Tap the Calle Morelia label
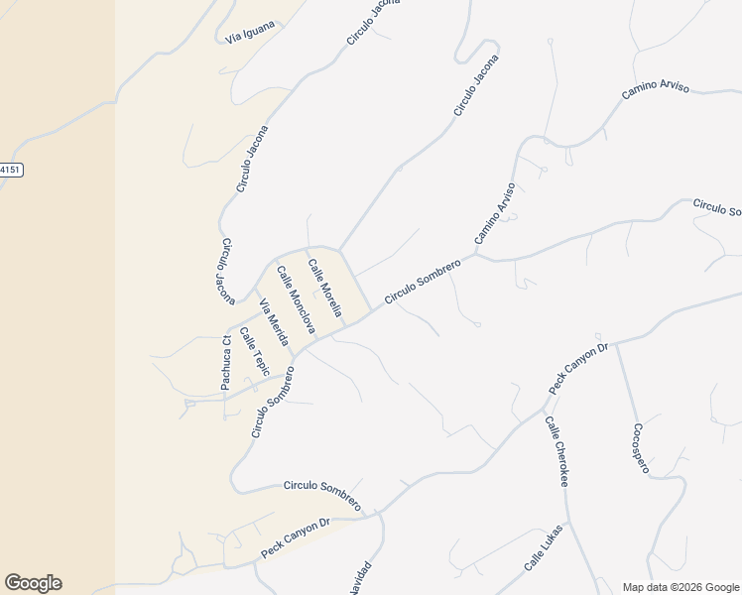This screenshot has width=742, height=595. (x=324, y=288)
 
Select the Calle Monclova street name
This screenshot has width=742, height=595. (x=296, y=299)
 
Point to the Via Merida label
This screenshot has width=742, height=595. (x=273, y=322)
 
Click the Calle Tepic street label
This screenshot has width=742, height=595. (x=255, y=349)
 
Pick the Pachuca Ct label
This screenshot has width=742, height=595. (x=226, y=363)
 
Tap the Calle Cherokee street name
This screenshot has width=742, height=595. (x=556, y=451)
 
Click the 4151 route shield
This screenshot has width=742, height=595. (x=9, y=170)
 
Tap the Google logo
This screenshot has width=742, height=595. (x=33, y=583)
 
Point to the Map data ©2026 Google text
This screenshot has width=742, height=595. (x=680, y=587)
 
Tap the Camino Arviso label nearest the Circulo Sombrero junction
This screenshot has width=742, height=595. (x=495, y=213)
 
